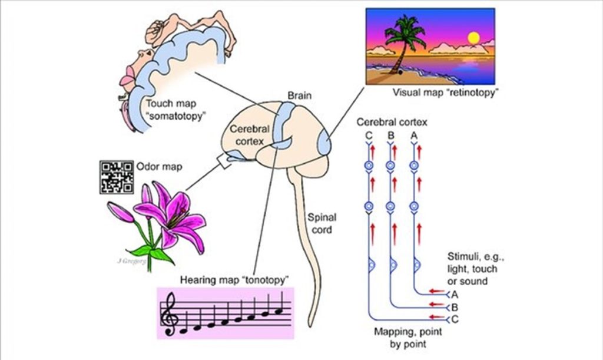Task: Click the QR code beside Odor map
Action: coord(117,177)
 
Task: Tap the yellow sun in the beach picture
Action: coord(473,38)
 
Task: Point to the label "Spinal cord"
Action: coord(321,223)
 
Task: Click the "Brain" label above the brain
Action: coord(300,95)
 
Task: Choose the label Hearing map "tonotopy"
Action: coord(226,279)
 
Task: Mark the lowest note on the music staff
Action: coord(185,330)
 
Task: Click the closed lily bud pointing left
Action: coord(121,212)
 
